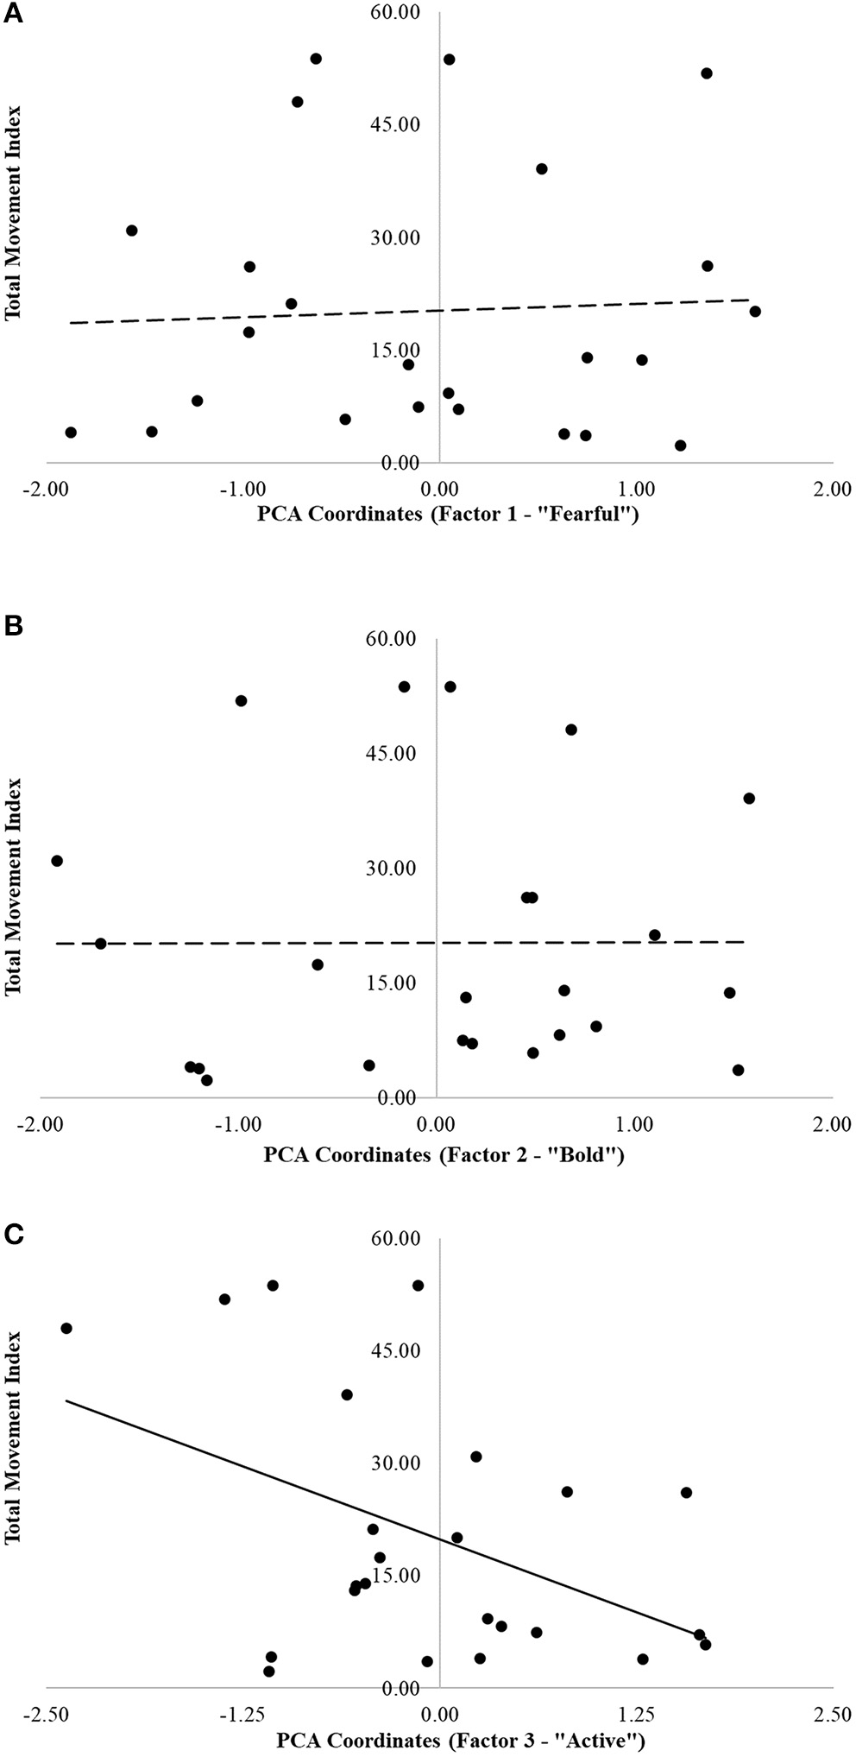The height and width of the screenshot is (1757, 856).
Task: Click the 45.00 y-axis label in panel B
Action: coord(394,754)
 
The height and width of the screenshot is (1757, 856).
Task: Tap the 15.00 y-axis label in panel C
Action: coord(394,1574)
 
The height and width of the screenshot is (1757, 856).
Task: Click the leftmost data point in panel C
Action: coord(66,1328)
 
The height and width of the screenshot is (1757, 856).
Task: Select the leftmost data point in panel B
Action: coord(57,861)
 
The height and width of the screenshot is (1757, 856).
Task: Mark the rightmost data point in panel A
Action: coord(755,311)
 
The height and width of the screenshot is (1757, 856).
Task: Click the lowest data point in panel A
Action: coord(680,446)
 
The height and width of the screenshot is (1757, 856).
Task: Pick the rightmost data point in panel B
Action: coord(749,799)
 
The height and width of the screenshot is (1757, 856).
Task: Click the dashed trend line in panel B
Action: coord(259,943)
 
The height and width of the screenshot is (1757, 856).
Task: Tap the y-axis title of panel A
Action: coord(13,213)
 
